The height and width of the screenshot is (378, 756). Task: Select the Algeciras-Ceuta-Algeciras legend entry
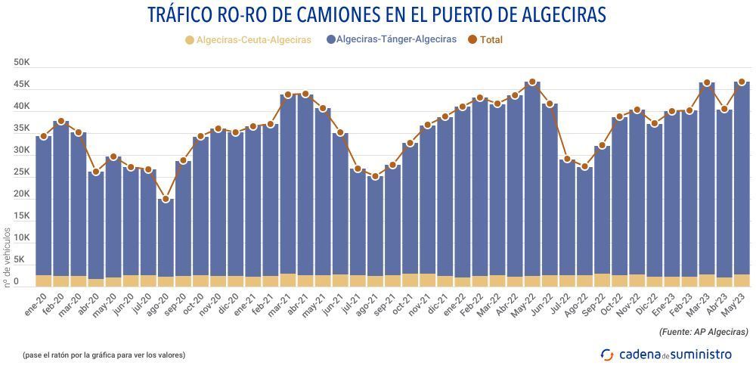pyautogui.click(x=247, y=39)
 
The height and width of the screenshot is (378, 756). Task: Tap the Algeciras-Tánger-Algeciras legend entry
pyautogui.click(x=391, y=39)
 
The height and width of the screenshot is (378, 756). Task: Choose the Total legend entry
pyautogui.click(x=485, y=39)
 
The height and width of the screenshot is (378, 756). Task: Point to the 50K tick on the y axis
pyautogui.click(x=21, y=63)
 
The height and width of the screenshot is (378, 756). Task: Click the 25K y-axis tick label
pyautogui.click(x=21, y=172)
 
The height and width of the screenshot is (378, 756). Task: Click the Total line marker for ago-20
pyautogui.click(x=166, y=200)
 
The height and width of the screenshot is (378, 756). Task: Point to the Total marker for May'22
pyautogui.click(x=532, y=82)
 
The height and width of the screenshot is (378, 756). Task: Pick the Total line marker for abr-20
pyautogui.click(x=95, y=172)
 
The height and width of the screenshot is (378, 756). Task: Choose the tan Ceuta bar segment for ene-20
pyautogui.click(x=43, y=280)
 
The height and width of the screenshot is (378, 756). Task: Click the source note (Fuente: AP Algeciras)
pyautogui.click(x=703, y=331)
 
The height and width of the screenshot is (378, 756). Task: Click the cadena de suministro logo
pyautogui.click(x=665, y=354)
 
